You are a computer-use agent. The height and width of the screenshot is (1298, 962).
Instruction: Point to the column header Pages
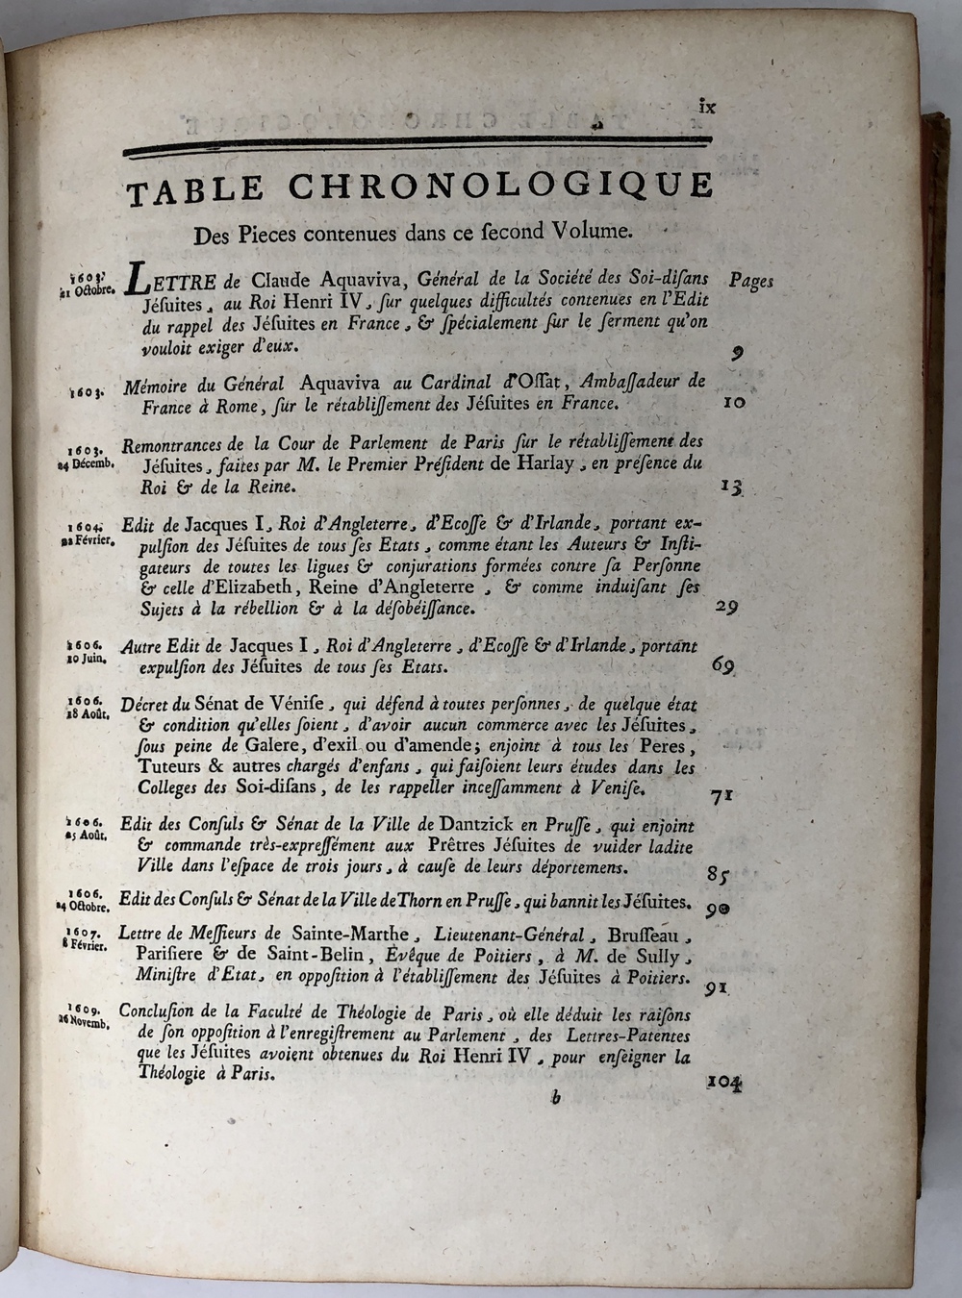750,280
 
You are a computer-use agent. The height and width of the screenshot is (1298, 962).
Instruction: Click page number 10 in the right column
733,403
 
